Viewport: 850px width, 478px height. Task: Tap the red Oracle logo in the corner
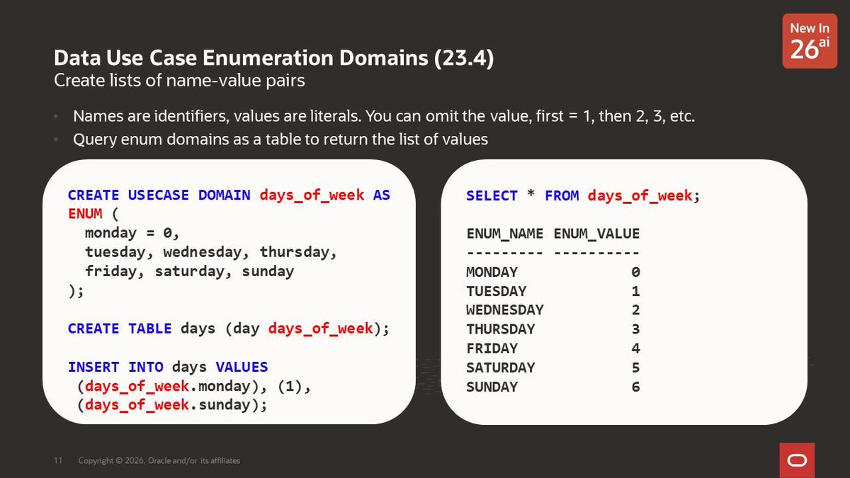coord(797,460)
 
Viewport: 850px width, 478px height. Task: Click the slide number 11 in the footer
coord(58,461)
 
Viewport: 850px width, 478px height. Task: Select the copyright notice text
coord(159,461)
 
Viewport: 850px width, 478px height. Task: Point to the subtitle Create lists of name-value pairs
coord(179,81)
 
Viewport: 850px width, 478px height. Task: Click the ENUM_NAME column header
coord(504,234)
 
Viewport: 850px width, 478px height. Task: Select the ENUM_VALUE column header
coord(596,234)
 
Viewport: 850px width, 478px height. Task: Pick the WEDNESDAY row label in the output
coord(504,310)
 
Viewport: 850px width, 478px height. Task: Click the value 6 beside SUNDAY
coord(635,387)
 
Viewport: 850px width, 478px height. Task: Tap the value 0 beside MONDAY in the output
coord(635,272)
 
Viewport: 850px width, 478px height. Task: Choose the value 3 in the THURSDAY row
coord(635,329)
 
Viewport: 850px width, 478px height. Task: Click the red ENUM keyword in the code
coord(85,214)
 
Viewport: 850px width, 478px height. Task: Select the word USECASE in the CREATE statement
coord(158,195)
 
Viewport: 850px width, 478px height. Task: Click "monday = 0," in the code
coord(132,233)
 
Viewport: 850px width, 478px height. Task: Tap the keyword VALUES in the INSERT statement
coord(242,367)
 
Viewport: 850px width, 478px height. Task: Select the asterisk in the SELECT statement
coord(531,195)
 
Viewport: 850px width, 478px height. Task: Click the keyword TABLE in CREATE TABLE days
coord(149,329)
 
